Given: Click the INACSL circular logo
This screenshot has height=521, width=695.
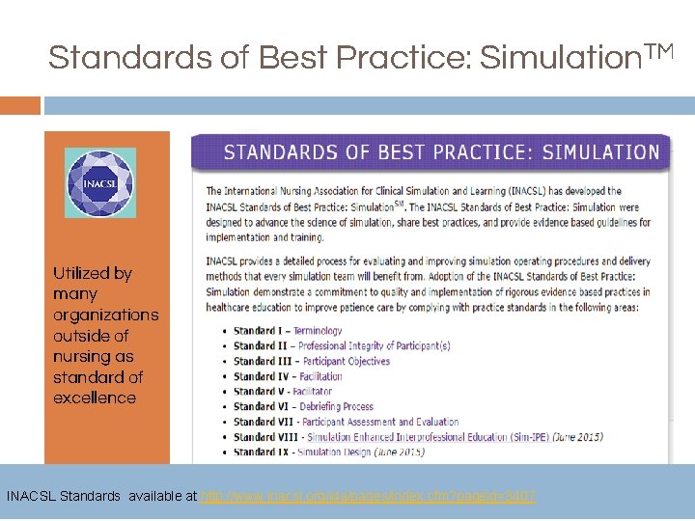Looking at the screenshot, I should (x=100, y=182).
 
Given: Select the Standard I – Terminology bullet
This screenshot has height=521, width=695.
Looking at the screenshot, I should (x=288, y=330).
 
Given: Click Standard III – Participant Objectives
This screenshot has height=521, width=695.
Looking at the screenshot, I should (x=311, y=361).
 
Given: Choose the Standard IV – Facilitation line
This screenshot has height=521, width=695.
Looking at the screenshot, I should (x=288, y=376).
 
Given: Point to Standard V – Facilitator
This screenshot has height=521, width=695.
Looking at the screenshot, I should (x=283, y=392).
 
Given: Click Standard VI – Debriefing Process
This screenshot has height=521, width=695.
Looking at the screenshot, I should (x=304, y=406).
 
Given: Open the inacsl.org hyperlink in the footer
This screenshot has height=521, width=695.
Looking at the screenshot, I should (x=368, y=496).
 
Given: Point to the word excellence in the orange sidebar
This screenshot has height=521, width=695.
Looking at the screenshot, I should (x=95, y=398).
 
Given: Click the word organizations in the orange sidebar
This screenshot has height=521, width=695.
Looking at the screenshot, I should (x=105, y=315).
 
